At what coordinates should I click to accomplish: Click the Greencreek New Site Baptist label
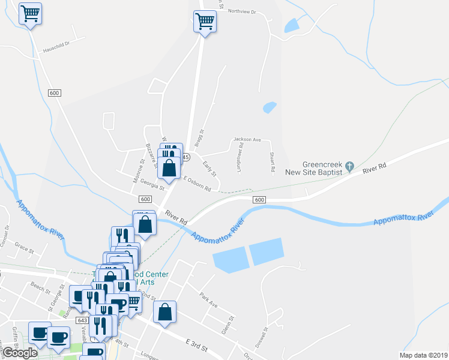(x=322, y=167)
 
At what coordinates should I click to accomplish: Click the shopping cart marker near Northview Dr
(x=205, y=22)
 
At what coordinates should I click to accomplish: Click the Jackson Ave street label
(x=247, y=140)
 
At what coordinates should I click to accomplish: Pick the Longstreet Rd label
(x=240, y=157)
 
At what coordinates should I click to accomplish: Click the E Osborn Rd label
(x=197, y=184)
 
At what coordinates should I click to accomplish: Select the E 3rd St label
(x=195, y=345)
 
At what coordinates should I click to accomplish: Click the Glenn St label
(x=226, y=328)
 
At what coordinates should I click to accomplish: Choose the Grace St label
(x=22, y=247)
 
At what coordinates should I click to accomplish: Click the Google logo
(x=20, y=353)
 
